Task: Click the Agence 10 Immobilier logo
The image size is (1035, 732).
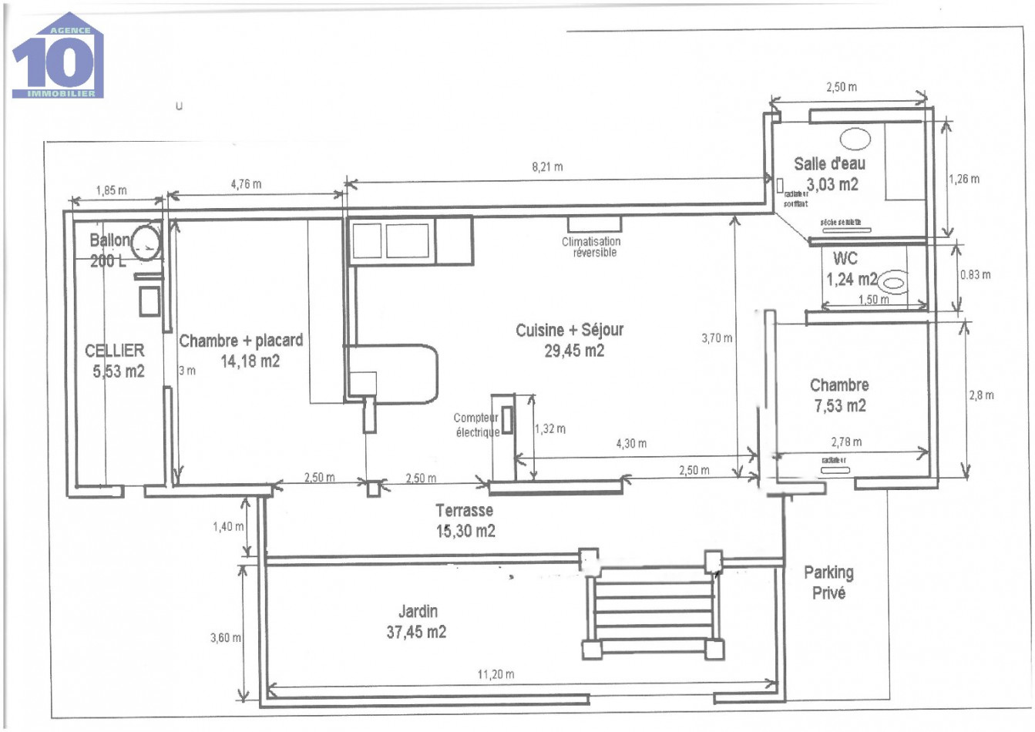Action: [58, 56]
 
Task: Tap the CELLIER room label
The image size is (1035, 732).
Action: [114, 351]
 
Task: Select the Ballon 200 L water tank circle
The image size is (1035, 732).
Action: [145, 243]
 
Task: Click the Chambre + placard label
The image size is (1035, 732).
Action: [240, 341]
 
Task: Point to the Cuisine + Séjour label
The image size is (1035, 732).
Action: [569, 331]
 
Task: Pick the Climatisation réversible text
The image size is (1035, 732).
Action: [591, 247]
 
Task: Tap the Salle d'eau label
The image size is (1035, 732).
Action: [829, 163]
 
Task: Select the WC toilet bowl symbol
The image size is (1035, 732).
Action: [894, 283]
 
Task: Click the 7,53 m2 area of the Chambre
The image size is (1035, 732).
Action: [839, 406]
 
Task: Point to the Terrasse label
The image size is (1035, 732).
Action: [464, 510]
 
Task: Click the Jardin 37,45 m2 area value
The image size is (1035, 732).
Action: [415, 633]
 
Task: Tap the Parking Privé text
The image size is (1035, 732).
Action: [828, 583]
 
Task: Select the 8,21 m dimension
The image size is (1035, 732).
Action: [547, 166]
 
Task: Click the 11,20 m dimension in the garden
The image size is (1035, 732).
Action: [496, 674]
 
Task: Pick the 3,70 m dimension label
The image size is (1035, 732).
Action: [717, 337]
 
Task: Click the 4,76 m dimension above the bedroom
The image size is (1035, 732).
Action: [246, 184]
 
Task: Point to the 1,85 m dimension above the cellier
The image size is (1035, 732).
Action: [111, 190]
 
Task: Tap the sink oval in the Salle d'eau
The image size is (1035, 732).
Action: [855, 139]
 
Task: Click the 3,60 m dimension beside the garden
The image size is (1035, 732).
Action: [225, 638]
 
